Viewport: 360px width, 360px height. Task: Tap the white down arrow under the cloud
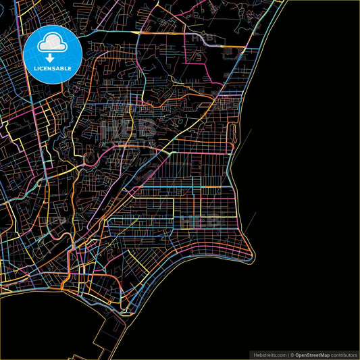[53, 56]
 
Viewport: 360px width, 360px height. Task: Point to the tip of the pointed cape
[253, 256]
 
